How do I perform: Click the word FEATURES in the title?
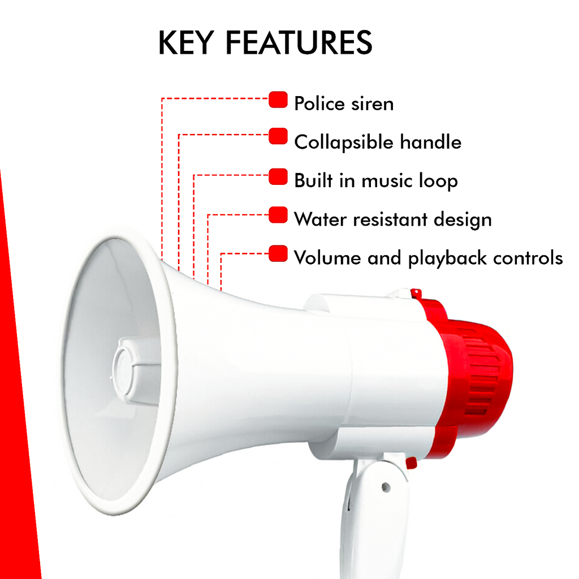(299, 43)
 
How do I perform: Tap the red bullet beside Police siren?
(278, 100)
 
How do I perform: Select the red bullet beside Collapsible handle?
(278, 136)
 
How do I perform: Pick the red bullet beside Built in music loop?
(278, 176)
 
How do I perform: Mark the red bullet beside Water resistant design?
(278, 215)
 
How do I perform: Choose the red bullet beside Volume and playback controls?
(278, 253)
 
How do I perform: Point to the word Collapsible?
(344, 142)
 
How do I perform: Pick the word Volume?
(327, 258)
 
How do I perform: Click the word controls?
(528, 258)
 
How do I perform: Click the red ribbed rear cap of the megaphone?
(481, 373)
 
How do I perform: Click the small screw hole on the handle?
(386, 486)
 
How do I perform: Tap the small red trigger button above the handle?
(412, 463)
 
